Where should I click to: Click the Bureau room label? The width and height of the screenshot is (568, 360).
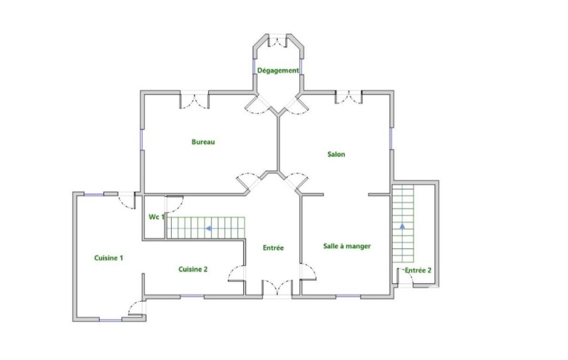pos(203,142)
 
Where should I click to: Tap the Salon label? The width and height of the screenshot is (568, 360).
pos(336,155)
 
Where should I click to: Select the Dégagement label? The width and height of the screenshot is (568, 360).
pos(278,71)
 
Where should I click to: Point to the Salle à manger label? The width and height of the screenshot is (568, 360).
pos(347,246)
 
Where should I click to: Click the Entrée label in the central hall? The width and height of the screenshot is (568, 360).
pos(273,248)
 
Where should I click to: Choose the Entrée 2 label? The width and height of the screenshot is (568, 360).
pos(418,270)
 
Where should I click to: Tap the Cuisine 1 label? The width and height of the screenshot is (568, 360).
pos(109,258)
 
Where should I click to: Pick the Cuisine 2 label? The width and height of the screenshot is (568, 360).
pos(193,269)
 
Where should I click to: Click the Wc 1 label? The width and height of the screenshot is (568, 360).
pos(156,217)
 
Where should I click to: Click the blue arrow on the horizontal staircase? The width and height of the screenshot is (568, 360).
pos(209,229)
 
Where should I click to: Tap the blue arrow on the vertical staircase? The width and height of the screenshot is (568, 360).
pos(402,226)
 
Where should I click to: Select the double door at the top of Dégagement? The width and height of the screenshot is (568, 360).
pos(278,42)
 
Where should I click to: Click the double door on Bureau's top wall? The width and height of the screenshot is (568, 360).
pos(195,101)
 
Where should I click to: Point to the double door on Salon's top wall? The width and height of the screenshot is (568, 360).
pos(349,97)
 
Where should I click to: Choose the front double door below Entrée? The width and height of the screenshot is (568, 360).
pos(277,287)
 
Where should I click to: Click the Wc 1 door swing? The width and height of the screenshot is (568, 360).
pos(175,204)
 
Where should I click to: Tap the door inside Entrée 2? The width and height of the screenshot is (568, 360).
pos(405,277)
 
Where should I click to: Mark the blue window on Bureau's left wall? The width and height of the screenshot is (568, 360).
pos(142,140)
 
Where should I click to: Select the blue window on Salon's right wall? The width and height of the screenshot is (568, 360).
pos(391,138)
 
